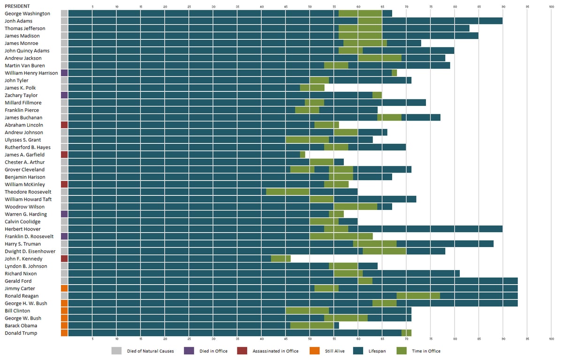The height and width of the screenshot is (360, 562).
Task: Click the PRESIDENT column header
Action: pyautogui.click(x=17, y=6)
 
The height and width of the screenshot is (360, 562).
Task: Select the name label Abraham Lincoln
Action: pyautogui.click(x=24, y=125)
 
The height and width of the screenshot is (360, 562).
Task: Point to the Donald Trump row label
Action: pyautogui.click(x=21, y=333)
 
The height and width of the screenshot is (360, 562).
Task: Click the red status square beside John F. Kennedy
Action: pyautogui.click(x=64, y=259)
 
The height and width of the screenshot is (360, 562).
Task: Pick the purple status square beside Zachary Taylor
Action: pyautogui.click(x=64, y=95)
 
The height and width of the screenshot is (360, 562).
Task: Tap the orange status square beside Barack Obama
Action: pyautogui.click(x=64, y=326)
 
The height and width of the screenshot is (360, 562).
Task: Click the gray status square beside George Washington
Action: pyautogui.click(x=64, y=14)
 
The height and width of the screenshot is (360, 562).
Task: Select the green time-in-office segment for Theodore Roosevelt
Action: pyautogui.click(x=288, y=192)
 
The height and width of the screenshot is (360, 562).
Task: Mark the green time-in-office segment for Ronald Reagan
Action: pyautogui.click(x=418, y=296)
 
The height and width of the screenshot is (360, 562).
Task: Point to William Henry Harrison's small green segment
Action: pyautogui.click(x=394, y=73)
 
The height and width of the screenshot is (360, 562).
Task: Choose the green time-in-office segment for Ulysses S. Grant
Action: pyautogui.click(x=307, y=140)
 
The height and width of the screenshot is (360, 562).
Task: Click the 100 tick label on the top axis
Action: pyautogui.click(x=551, y=7)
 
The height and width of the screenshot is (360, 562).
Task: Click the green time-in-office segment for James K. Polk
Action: pyautogui.click(x=312, y=88)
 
